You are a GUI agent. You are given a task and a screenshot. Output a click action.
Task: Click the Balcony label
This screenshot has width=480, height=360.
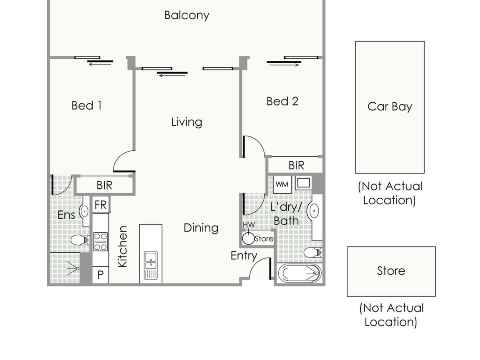point(186,16)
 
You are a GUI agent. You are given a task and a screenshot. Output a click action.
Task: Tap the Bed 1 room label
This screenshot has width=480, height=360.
point(86,106)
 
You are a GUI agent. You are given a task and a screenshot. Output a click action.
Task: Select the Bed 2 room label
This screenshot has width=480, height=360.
point(282,102)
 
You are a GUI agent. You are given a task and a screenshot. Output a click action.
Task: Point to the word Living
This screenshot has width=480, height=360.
point(186,122)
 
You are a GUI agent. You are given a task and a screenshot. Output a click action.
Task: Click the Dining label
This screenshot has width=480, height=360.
point(201,228)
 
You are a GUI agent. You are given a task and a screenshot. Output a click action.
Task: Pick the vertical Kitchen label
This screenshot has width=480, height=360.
point(122,246)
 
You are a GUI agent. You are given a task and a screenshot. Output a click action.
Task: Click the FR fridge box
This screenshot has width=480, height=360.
point(101,205)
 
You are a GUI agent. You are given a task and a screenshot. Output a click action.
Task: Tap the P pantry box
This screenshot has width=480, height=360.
point(100,275)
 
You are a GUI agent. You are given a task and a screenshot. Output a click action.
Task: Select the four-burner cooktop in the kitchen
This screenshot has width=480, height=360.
point(100,242)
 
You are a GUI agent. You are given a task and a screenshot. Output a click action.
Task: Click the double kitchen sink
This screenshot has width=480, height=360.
point(151,266)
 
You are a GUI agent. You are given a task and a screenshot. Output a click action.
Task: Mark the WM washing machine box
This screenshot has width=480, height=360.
point(282,184)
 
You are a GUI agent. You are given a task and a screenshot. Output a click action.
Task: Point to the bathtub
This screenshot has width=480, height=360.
point(299,273)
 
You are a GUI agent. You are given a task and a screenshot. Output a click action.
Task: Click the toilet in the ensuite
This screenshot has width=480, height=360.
point(80,240)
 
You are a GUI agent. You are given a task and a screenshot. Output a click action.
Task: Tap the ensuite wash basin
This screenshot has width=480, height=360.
point(84,211)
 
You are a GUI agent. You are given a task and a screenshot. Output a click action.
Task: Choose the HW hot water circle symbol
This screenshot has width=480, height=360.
point(248,238)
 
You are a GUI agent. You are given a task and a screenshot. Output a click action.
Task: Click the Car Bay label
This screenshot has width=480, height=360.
point(390,107)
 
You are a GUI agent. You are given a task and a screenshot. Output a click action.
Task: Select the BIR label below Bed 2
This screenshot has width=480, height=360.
point(296,166)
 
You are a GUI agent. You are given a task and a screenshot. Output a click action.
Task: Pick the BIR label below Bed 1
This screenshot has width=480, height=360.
point(104,185)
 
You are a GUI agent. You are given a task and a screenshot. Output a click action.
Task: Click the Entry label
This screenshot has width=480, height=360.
point(244,256)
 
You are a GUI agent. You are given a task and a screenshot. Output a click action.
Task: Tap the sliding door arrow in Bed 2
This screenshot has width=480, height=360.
point(284,65)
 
